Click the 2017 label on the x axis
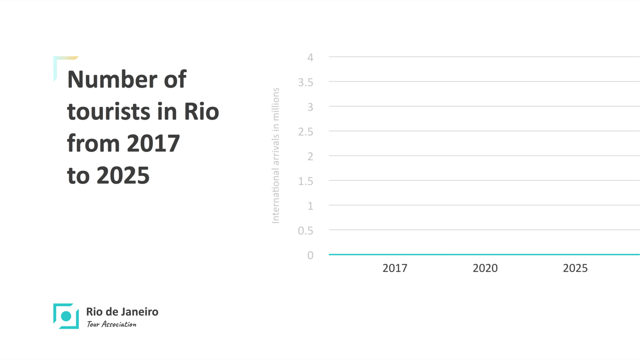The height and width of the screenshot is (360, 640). coord(395,268)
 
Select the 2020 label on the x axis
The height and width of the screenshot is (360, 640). coord(485,268)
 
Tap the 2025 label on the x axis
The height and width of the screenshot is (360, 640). coord(575,268)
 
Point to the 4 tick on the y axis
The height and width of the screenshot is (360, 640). coord(310,57)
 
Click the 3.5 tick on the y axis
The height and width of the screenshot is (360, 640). coord(306,82)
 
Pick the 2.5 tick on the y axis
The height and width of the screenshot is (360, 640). coord(306,132)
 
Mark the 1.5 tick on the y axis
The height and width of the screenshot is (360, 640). coord(306,181)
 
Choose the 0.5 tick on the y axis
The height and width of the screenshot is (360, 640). coord(306,231)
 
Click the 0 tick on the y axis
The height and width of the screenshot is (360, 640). coord(310,255)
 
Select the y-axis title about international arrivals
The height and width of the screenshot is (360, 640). coord(276,156)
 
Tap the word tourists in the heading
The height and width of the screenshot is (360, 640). coord(108,112)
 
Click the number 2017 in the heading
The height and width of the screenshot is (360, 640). coord(153,144)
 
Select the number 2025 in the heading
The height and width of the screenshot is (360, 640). coord(123,176)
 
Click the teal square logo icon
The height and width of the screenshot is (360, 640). coord(66,316)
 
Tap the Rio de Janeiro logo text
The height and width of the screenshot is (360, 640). coord(122,312)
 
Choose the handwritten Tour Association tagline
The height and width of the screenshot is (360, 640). coord(112,324)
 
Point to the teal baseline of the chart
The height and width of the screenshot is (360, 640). coord(484,255)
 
